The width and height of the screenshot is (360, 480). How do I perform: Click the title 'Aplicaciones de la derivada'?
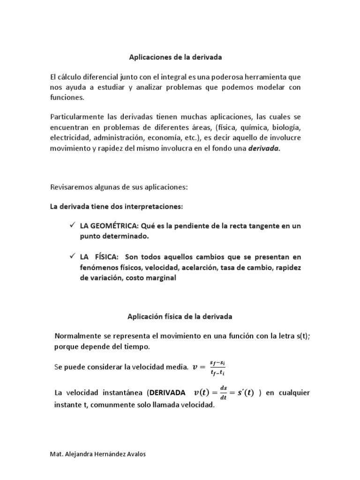point(175,57)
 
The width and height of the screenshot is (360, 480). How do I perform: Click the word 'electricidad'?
point(70,138)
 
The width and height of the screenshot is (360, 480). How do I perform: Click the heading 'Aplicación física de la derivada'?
point(180,316)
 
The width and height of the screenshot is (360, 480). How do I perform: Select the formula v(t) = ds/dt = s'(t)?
point(224,393)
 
